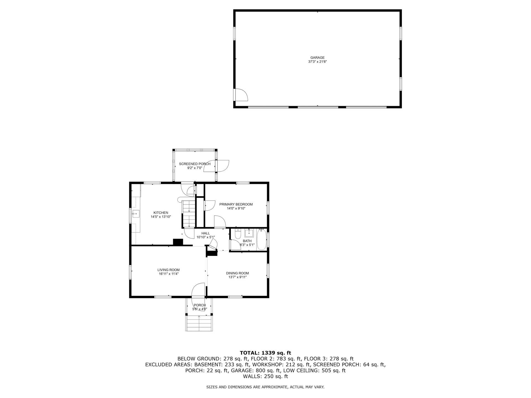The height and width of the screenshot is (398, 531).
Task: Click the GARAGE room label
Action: coord(317,58)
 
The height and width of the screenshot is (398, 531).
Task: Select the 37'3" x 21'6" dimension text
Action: coord(317,62)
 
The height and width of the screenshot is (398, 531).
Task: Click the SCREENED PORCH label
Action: coord(195,164)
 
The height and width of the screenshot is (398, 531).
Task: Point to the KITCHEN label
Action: coord(161,213)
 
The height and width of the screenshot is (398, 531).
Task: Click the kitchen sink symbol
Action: coord(136,214)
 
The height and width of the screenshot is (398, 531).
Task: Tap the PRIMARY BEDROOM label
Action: coord(236,204)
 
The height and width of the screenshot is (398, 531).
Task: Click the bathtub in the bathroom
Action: coord(261,240)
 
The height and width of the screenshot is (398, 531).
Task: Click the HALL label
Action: coord(205,233)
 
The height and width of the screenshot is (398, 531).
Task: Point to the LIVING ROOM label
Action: coord(168,270)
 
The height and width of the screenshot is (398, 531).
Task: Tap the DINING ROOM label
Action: coord(237,273)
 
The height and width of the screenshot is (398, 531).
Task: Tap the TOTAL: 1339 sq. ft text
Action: coord(265,353)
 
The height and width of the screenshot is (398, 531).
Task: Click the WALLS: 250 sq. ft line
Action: coord(265,376)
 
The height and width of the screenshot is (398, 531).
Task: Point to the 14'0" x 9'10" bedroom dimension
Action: coord(236,209)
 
